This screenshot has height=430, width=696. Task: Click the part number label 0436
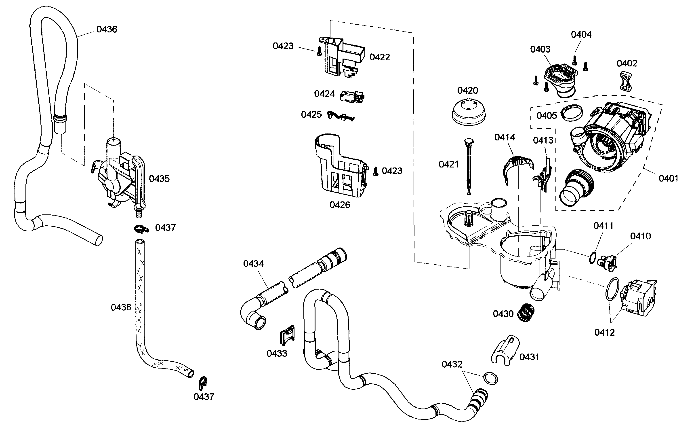point(107,29)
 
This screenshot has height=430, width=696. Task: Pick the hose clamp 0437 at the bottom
point(203,383)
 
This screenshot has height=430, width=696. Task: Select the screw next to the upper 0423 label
point(319,51)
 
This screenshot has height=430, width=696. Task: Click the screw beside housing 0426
point(376,172)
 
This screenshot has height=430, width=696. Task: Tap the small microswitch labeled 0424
point(352,96)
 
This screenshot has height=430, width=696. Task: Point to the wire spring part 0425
point(340,116)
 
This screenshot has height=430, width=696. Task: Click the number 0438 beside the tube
point(121,307)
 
